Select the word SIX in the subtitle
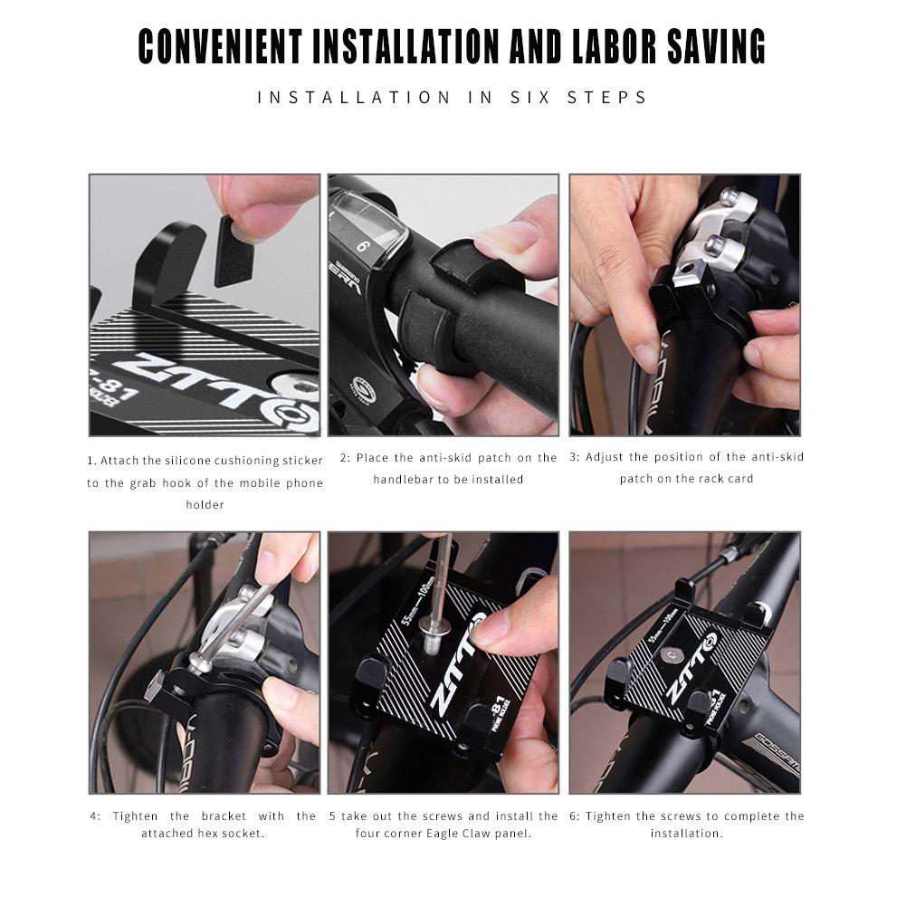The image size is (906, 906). tap(513, 97)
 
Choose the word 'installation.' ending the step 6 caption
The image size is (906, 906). tap(686, 833)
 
